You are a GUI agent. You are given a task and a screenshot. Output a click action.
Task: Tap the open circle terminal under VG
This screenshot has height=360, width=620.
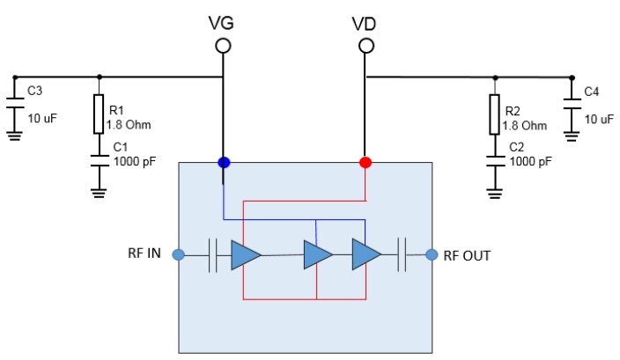pos(224,45)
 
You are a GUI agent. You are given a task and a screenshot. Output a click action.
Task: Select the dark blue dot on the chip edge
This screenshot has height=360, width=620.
pos(224,163)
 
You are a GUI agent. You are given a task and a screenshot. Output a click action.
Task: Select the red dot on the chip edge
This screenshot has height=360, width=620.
pos(365,163)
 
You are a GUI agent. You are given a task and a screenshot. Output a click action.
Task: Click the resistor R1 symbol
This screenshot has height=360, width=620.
pos(99,115)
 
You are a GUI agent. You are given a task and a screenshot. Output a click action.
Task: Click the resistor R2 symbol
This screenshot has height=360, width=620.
pos(495,115)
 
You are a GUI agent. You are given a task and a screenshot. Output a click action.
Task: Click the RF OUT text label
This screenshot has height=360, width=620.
pos(467,255)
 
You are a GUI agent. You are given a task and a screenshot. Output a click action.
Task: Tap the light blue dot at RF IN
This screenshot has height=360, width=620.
pos(178,255)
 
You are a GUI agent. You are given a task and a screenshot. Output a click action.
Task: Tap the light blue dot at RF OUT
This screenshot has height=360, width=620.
pos(432,255)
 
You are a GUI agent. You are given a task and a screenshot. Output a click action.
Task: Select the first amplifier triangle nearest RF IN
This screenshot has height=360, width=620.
pos(245,255)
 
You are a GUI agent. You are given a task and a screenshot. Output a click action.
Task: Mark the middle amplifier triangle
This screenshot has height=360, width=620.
pos(317,255)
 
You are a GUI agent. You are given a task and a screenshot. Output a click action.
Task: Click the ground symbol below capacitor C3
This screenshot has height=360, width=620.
pos(13,136)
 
